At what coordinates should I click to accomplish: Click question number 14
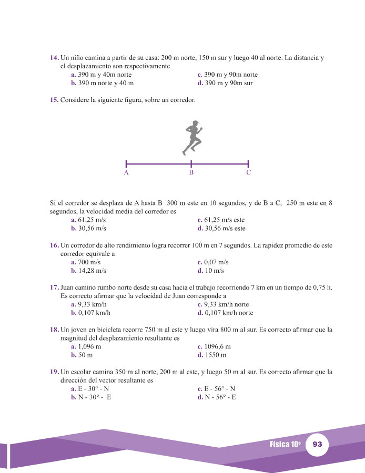pos(54,57)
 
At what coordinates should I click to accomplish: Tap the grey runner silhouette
pos(192,137)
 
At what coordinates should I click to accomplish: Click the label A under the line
pos(126,172)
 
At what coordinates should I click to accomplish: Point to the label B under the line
pos(191,172)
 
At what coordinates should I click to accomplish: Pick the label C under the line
pos(248,172)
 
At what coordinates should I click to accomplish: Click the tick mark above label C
pos(248,164)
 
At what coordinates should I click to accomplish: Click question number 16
pos(54,245)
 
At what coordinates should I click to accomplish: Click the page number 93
pos(317,444)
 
